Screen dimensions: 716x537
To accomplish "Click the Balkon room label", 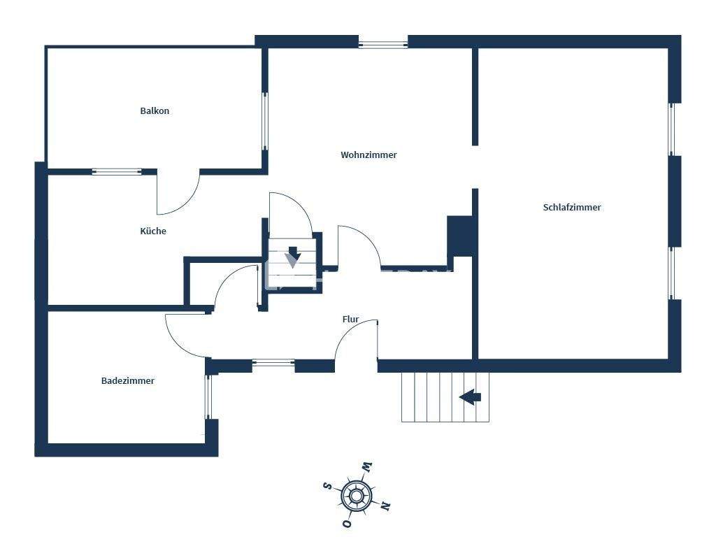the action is [x=155, y=111].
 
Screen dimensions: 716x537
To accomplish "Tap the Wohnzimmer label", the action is [x=368, y=155].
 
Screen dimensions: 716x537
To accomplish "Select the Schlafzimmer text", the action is [x=571, y=208].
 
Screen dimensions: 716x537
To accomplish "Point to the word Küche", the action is [x=153, y=231].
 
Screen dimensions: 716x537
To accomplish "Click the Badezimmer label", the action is [x=127, y=381].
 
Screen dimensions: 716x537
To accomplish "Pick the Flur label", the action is [x=350, y=320].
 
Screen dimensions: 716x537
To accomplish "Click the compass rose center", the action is [x=356, y=496].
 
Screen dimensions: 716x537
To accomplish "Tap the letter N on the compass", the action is [x=385, y=506].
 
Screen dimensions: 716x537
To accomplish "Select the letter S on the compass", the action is [x=327, y=485].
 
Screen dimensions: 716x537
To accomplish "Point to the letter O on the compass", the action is [x=346, y=524].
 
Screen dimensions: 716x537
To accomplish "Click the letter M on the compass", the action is [x=366, y=467].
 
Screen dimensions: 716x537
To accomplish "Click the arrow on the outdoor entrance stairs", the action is [x=470, y=397].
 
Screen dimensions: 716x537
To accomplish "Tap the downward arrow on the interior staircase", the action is [x=294, y=253].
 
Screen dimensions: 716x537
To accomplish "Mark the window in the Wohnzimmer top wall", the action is [x=382, y=43].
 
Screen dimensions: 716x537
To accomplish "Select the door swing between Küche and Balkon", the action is [x=178, y=193].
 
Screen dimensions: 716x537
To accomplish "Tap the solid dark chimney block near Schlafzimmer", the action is [x=461, y=236].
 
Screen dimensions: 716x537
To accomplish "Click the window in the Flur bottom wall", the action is [x=273, y=363].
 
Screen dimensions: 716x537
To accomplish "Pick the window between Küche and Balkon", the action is [x=117, y=171].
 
